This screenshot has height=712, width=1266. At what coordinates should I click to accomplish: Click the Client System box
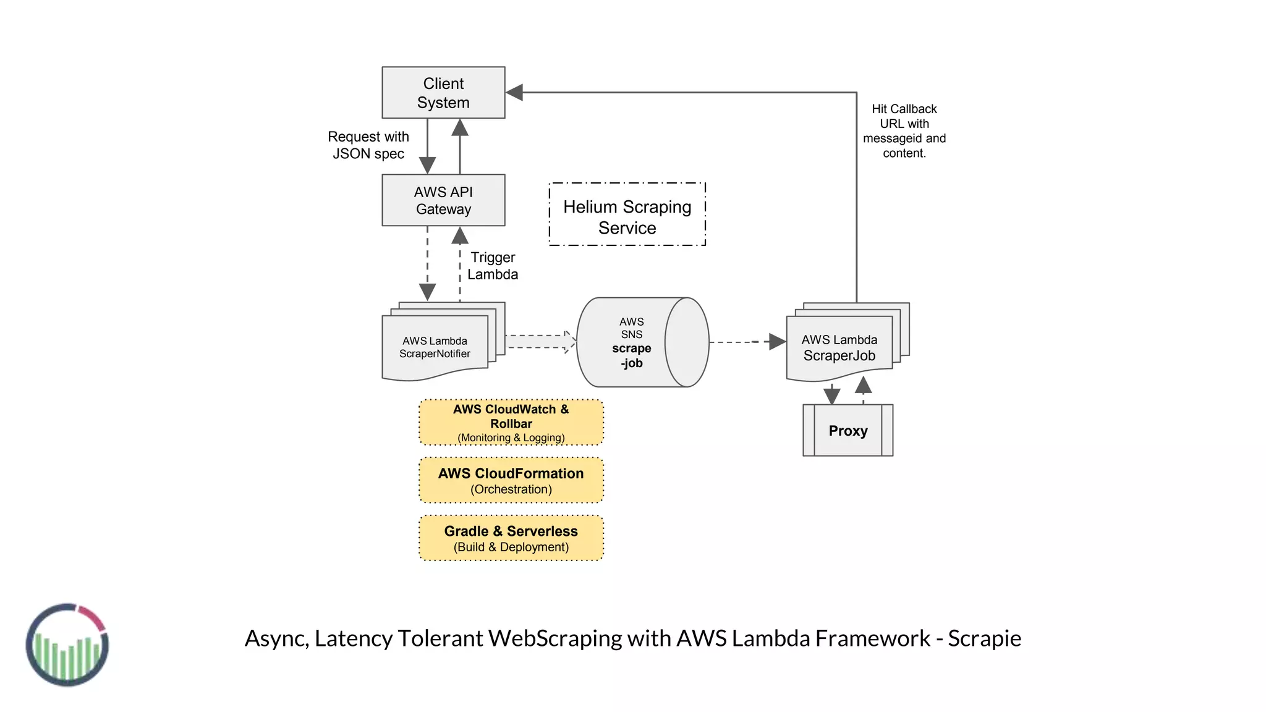[x=443, y=93]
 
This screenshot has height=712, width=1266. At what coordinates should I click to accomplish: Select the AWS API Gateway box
[x=443, y=200]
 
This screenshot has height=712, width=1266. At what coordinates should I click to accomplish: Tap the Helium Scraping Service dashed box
[x=627, y=214]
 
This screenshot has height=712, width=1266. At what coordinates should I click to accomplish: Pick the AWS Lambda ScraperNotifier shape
[x=435, y=347]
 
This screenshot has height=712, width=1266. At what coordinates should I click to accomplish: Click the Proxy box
[x=848, y=431]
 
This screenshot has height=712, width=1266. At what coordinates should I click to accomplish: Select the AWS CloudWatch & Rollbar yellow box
[x=511, y=423]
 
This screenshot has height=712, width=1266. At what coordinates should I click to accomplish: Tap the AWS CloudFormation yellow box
[x=511, y=481]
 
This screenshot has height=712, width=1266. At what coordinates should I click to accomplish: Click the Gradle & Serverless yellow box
[x=511, y=538]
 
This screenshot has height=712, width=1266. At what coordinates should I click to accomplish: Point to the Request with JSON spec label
[x=368, y=145]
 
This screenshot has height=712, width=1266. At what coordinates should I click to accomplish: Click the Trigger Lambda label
[x=493, y=266]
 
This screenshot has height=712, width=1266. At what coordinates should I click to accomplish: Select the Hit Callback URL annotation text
[x=904, y=131]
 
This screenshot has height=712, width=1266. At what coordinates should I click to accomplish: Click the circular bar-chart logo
[x=67, y=645]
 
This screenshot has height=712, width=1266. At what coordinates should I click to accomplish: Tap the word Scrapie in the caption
[x=984, y=638]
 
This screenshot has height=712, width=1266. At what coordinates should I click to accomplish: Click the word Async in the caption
[x=276, y=638]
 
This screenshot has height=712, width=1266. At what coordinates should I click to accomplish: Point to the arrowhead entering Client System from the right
[x=515, y=93]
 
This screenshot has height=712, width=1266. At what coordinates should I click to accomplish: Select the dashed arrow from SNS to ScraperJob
[x=748, y=342]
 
